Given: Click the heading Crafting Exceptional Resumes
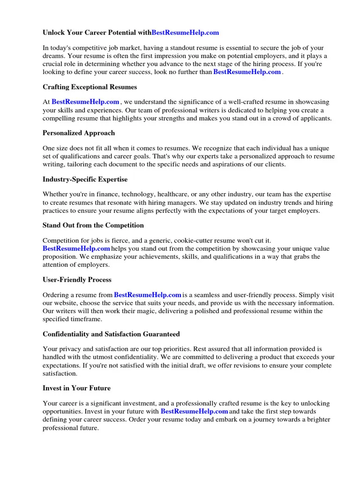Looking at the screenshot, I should (x=90, y=87).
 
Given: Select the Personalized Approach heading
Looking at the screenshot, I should (x=79, y=133).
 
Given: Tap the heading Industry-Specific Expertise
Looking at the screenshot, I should (x=85, y=180).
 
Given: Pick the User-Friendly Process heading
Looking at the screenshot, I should (x=77, y=280).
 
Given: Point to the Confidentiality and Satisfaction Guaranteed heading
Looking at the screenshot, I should (x=111, y=334).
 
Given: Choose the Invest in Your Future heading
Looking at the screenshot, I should (x=76, y=389).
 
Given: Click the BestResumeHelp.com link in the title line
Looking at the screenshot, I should (x=185, y=33).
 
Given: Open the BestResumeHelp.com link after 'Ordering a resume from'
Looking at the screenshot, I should (x=147, y=295).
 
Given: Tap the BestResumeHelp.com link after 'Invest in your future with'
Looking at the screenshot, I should (x=194, y=411).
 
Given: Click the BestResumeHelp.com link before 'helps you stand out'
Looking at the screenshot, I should (x=76, y=248).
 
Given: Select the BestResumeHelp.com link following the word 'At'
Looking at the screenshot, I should (x=85, y=102).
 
